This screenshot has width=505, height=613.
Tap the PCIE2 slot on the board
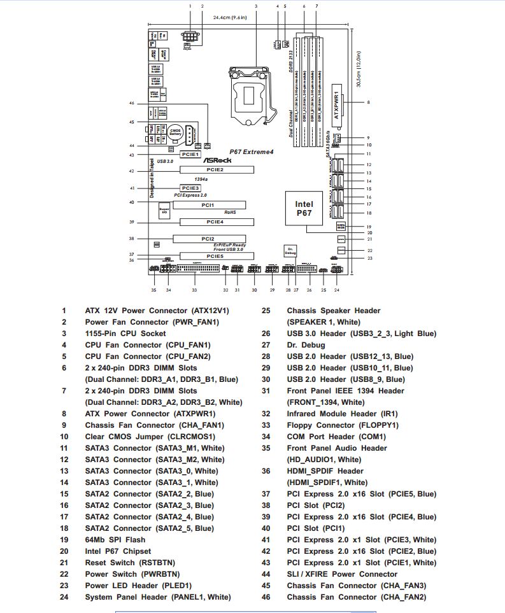pyautogui.click(x=216, y=170)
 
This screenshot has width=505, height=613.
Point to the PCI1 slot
pyautogui.click(x=208, y=205)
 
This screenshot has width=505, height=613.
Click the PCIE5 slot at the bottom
pyautogui.click(x=215, y=256)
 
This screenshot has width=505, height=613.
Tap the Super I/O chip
pyautogui.click(x=164, y=211)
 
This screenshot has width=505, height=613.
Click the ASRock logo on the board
pyautogui.click(x=217, y=160)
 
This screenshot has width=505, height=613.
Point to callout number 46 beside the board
pyautogui.click(x=132, y=103)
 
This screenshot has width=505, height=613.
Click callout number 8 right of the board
pyautogui.click(x=368, y=102)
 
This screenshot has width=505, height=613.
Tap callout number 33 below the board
pyautogui.click(x=194, y=290)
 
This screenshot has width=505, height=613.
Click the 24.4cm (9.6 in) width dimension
pyautogui.click(x=231, y=18)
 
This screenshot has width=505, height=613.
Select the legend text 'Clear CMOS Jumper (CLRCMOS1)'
pyautogui.click(x=150, y=437)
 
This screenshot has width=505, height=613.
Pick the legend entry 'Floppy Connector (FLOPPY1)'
pyautogui.click(x=343, y=425)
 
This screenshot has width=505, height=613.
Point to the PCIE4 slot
pyautogui.click(x=216, y=222)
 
